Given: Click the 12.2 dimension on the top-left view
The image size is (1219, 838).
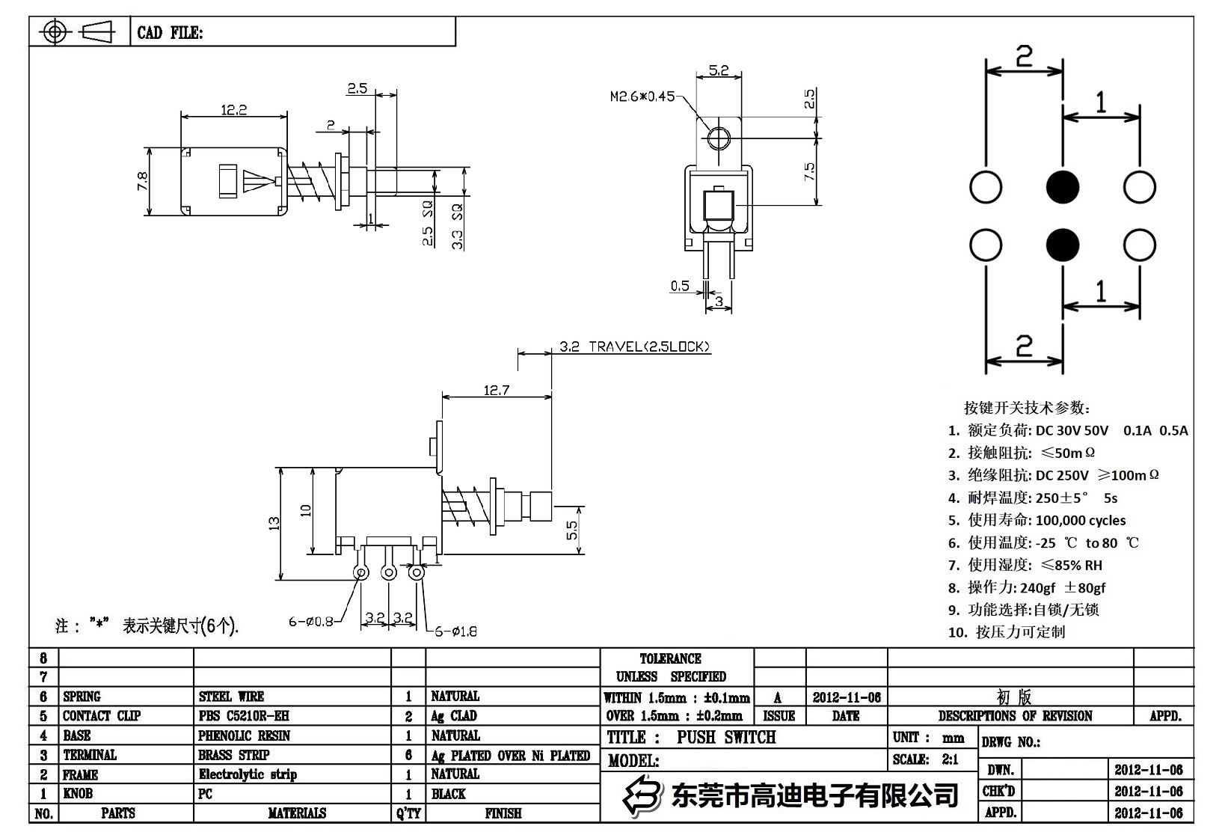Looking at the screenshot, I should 233,110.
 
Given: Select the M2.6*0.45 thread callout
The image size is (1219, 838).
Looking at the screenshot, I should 642,97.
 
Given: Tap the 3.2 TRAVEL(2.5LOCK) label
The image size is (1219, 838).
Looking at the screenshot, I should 634,346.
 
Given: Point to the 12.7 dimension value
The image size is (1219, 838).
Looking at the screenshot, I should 497,390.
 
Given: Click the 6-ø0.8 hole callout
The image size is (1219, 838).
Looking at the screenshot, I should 311,620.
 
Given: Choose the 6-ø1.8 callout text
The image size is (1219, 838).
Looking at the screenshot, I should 456,631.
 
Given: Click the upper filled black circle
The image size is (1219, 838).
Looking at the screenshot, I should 1062,187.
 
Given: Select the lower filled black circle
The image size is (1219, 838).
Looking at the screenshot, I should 1062,245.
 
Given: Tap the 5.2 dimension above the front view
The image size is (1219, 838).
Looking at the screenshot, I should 718,70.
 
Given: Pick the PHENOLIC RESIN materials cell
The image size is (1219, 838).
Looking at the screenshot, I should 244,735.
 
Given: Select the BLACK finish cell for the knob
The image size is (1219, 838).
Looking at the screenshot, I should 448,794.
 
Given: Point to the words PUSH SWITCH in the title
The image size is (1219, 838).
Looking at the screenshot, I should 726,737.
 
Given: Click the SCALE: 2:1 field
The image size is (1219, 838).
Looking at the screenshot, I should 925,759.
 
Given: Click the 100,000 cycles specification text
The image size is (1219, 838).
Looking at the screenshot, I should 1080,520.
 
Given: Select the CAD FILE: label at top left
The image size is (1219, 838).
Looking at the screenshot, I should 170,33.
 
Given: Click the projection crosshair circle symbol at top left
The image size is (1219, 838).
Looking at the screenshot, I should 55,32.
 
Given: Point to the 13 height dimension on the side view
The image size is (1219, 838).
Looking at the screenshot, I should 274,523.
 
